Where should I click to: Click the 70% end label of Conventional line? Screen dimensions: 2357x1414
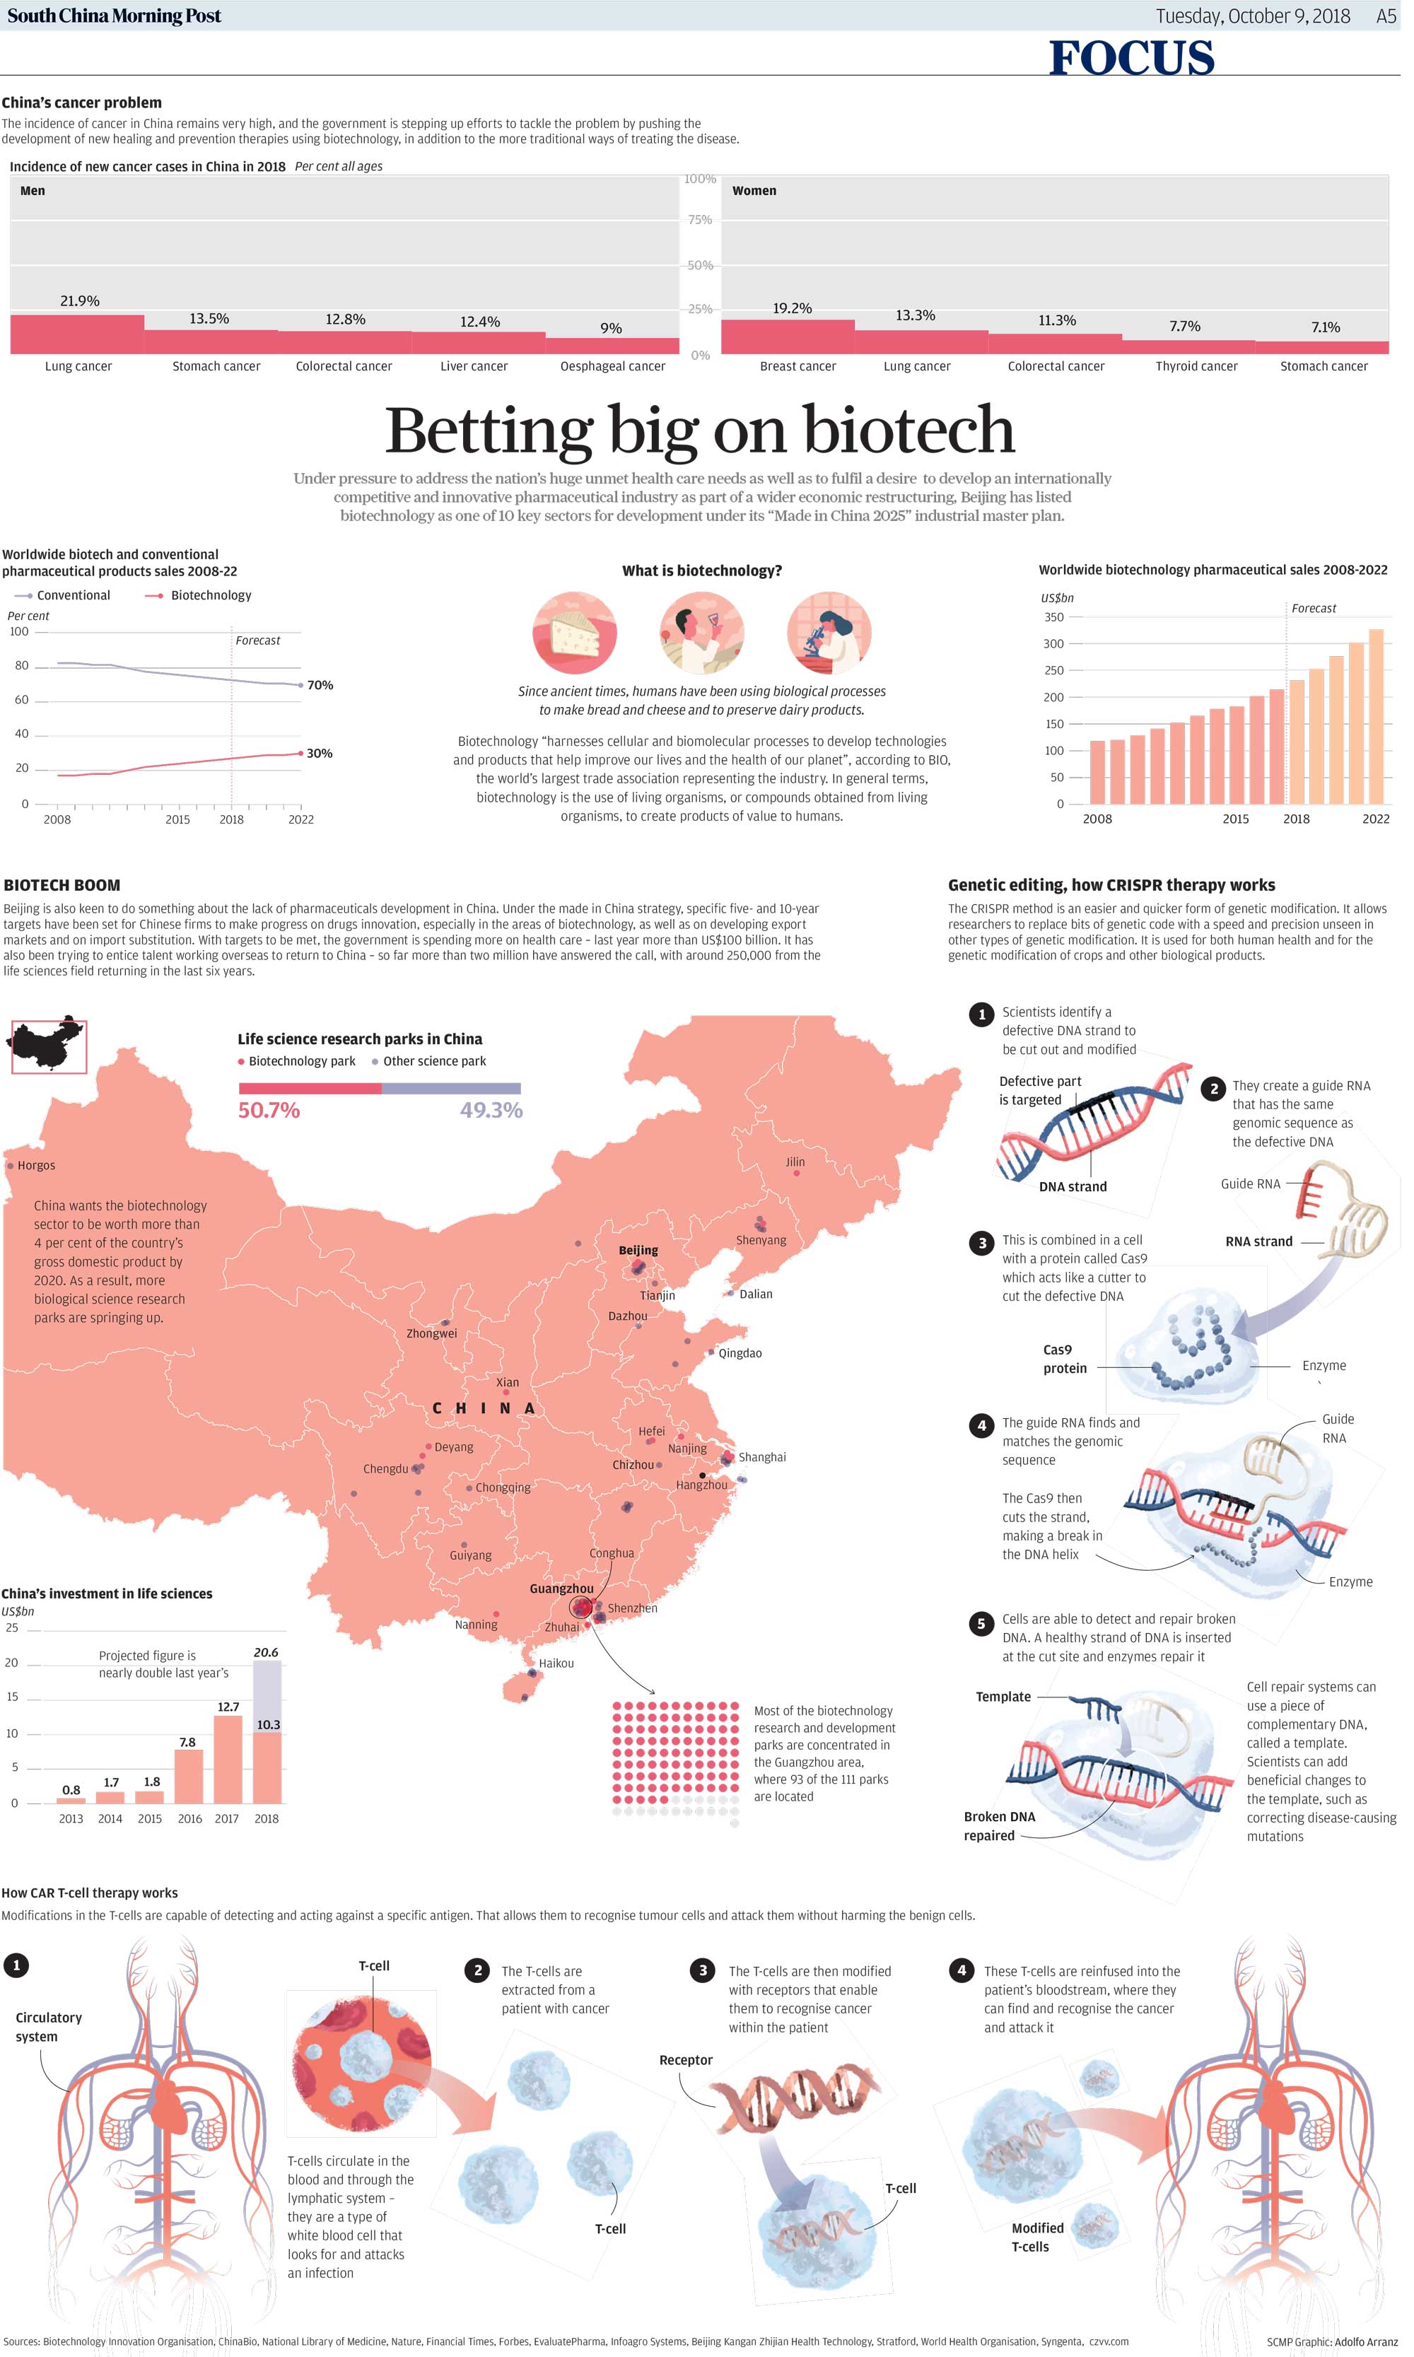(x=320, y=685)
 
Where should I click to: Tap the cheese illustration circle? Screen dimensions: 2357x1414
(x=575, y=633)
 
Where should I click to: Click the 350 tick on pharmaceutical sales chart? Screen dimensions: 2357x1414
(x=1053, y=617)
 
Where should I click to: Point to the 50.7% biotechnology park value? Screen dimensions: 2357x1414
(x=269, y=1110)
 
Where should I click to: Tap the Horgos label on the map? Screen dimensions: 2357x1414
(x=36, y=1165)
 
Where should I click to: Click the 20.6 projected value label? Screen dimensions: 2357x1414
(x=266, y=1653)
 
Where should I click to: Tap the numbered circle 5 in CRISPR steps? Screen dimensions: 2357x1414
(x=981, y=1625)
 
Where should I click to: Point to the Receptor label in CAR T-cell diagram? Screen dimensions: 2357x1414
(x=685, y=2060)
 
